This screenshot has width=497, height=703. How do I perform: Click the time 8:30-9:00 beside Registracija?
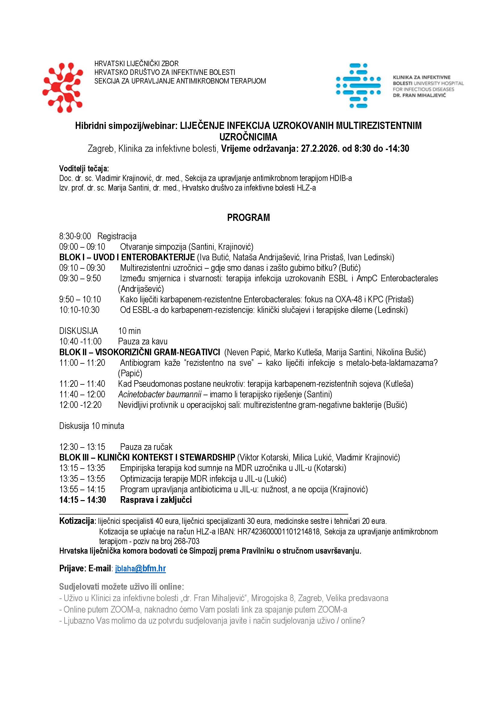pos(75,236)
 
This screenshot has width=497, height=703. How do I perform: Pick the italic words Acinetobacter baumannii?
pos(160,394)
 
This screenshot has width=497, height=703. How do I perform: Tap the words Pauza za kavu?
pos(143,341)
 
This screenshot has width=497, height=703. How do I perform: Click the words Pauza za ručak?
pos(146,447)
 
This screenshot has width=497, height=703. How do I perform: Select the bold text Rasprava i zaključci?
pos(156,500)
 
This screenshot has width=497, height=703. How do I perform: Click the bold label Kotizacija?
pos(78,521)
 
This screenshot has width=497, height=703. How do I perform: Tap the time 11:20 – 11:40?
pos(82,384)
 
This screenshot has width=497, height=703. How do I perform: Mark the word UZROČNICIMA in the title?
pos(248,136)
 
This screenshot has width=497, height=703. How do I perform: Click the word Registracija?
pos(117,236)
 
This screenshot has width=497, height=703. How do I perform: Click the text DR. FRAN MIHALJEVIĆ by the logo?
pos(419,95)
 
